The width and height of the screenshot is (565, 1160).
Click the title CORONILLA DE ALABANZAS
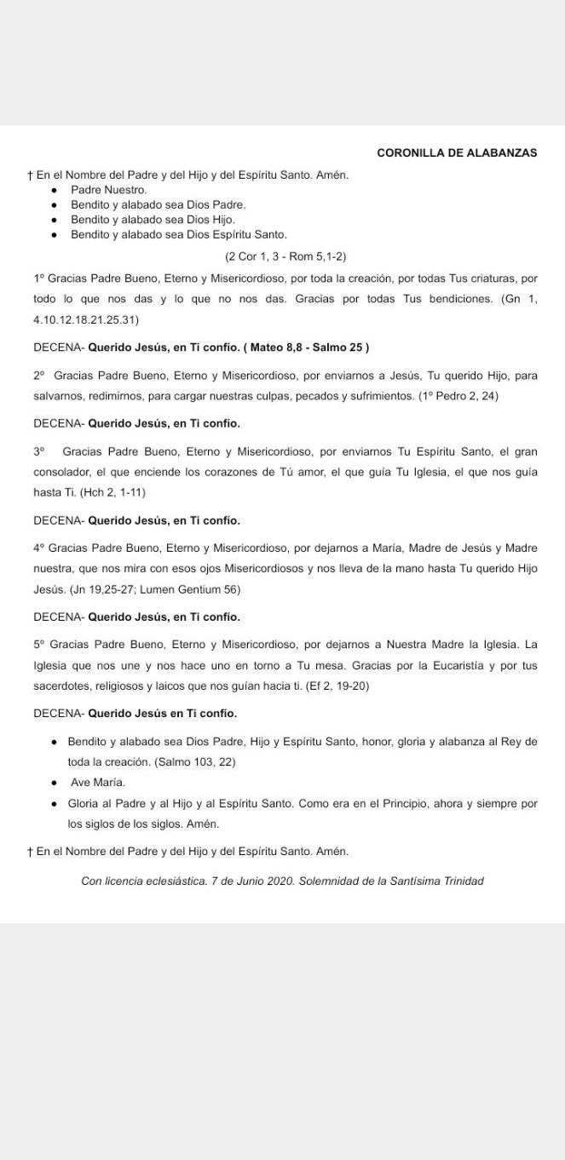coord(457,152)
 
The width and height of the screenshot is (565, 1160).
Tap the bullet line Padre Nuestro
coord(109,190)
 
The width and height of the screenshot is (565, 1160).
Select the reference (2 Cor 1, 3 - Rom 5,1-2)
coord(285,256)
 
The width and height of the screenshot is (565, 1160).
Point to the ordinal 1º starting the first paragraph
coord(38,279)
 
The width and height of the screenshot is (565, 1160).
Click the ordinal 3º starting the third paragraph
coord(38,452)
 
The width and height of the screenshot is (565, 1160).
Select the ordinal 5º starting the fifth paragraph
coord(38,645)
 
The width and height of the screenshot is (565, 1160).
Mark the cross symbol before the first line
coord(30,175)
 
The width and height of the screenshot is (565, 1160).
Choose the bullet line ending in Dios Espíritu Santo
coord(179,234)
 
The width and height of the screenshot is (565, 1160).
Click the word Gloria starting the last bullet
coord(84,803)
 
